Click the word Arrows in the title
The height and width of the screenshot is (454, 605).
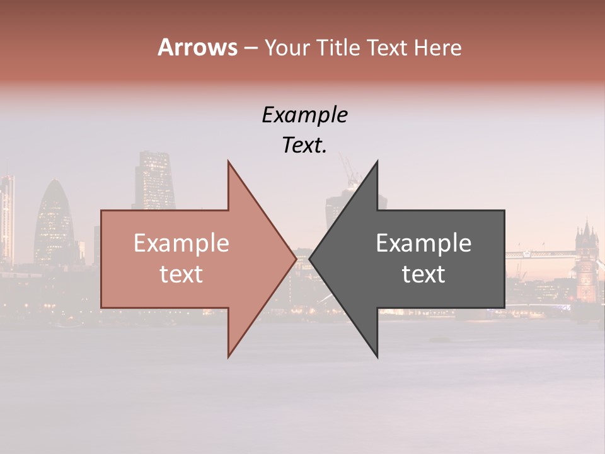click(197, 47)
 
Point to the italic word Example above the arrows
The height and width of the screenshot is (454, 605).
click(304, 115)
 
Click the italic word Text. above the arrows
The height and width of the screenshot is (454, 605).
click(304, 146)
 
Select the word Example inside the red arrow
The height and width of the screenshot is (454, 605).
click(181, 243)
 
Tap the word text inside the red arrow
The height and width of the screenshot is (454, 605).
click(181, 274)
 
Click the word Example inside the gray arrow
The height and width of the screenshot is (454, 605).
click(423, 243)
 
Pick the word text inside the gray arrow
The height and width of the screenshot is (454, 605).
click(423, 274)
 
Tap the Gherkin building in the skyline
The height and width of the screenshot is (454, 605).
click(54, 221)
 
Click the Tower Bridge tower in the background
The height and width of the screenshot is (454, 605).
click(586, 252)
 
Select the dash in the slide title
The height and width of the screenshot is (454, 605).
click(250, 48)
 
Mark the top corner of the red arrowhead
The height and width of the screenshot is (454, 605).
click(229, 162)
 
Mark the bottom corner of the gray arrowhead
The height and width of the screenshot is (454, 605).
click(377, 357)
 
